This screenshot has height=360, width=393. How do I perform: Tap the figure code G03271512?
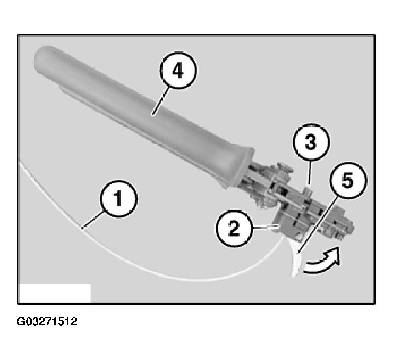coord(47,322)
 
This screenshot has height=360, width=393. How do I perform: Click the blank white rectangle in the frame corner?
coord(55,293)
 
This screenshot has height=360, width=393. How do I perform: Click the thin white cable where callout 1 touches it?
coord(83,227)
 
